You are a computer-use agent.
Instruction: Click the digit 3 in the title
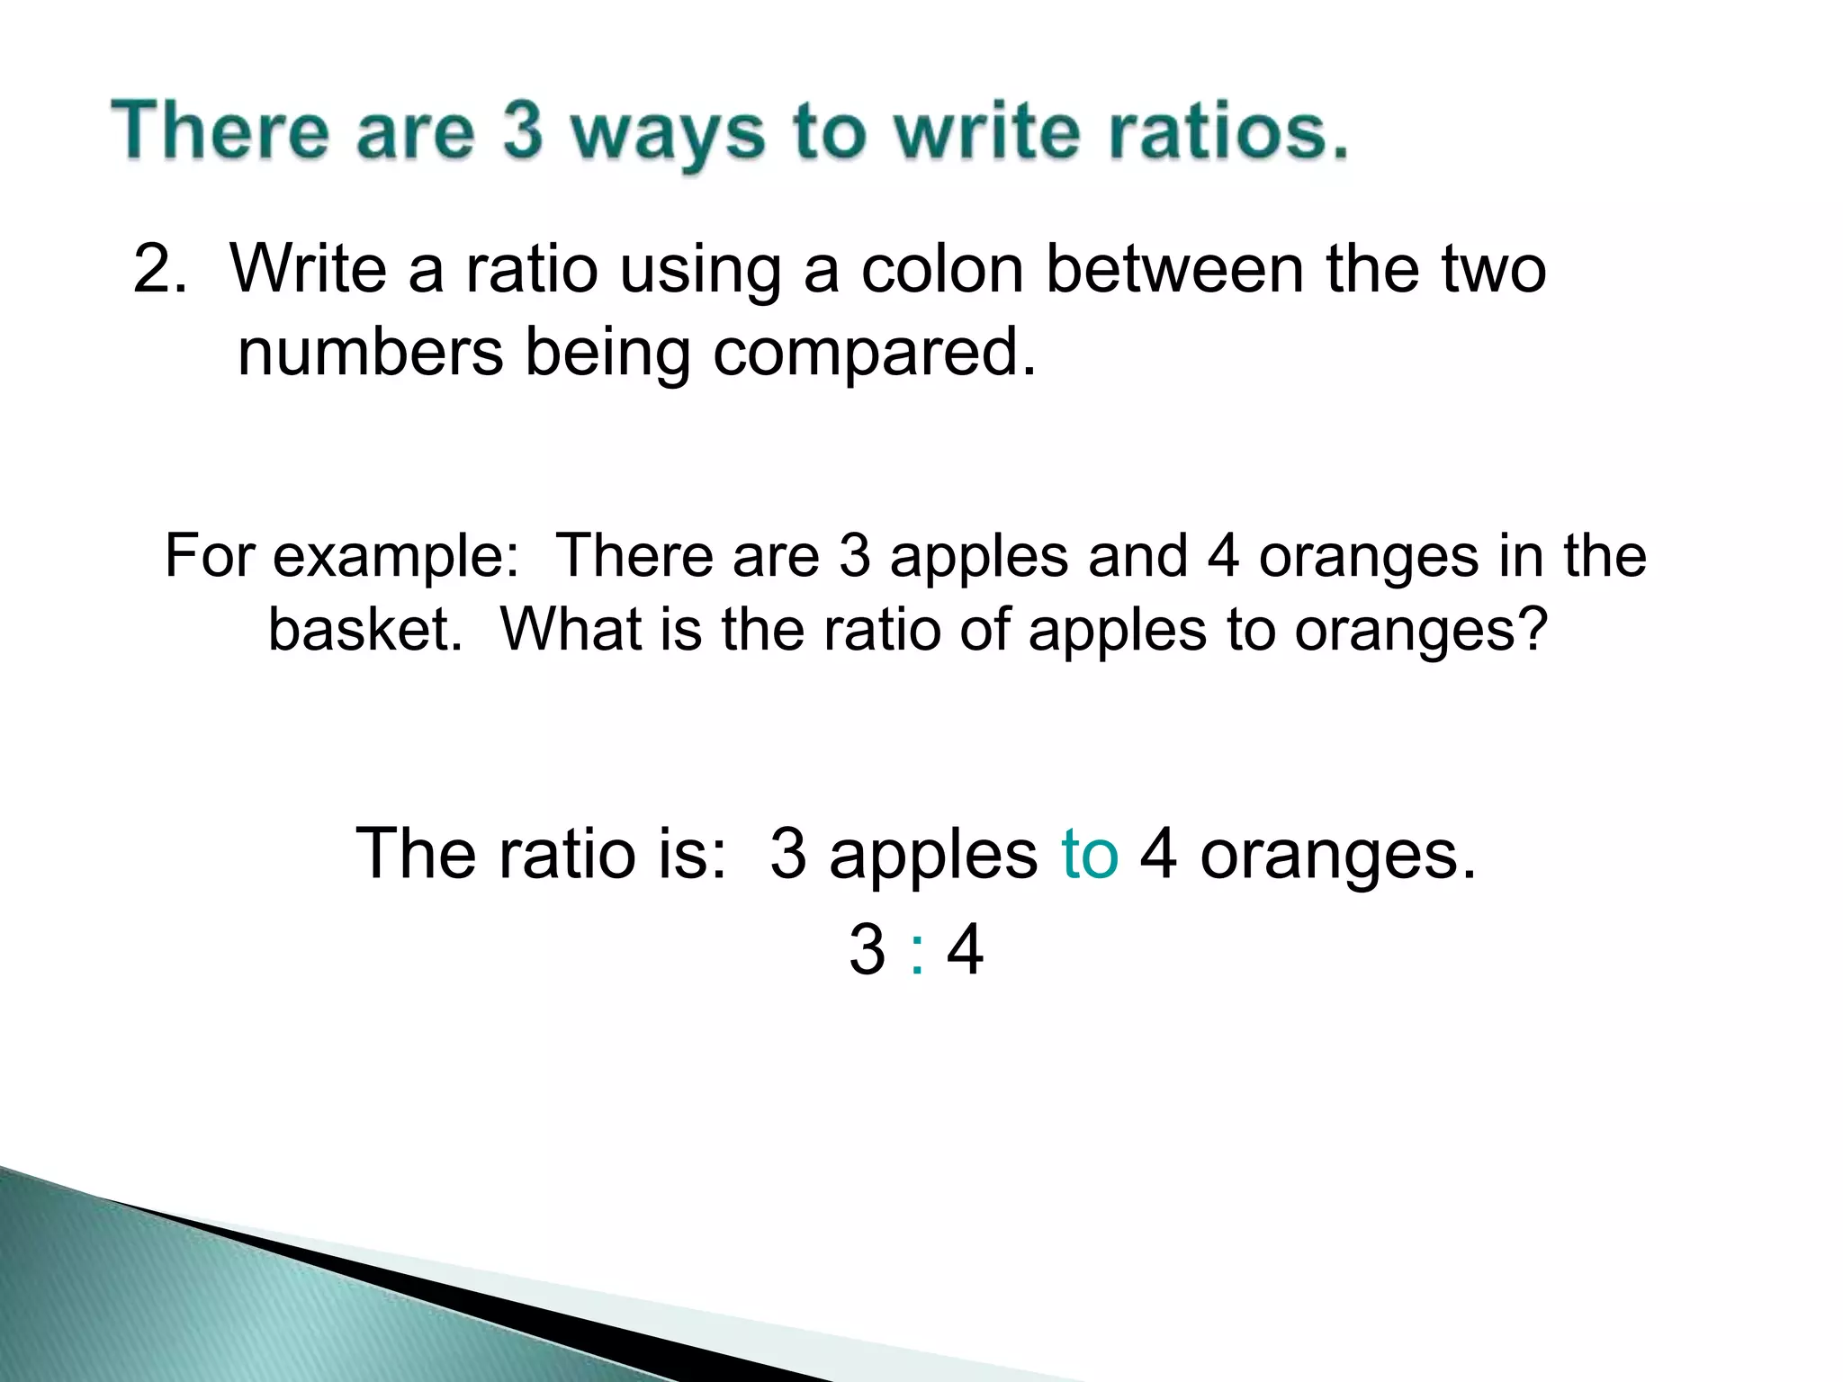(523, 130)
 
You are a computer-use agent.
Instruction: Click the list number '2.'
(159, 269)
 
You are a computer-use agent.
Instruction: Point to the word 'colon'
(942, 269)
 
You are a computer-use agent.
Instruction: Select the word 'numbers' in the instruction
(370, 352)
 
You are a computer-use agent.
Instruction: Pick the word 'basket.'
(365, 629)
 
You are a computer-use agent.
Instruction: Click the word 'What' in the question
(570, 629)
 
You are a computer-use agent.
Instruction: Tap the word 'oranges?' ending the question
(1422, 629)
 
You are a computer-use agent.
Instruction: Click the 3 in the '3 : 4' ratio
(867, 950)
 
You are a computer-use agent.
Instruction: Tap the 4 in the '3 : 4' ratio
(966, 950)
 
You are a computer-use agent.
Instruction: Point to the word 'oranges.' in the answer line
(1338, 855)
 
